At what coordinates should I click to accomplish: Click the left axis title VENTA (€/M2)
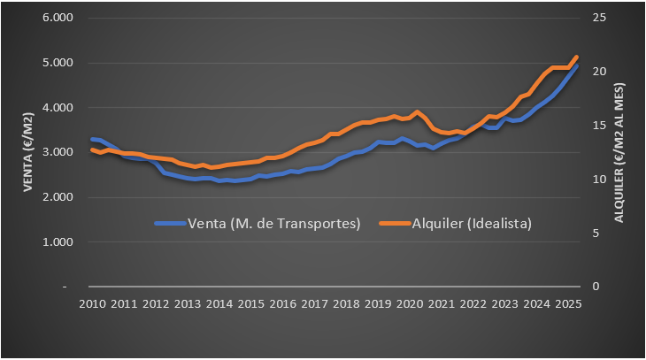click(x=28, y=153)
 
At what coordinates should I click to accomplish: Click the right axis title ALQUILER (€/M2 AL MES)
click(x=619, y=152)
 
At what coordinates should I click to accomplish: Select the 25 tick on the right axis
click(x=599, y=18)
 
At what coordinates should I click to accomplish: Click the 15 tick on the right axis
click(x=599, y=126)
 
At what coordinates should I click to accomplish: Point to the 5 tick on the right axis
click(x=596, y=233)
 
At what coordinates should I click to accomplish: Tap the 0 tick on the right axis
click(x=596, y=287)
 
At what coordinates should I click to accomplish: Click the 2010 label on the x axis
click(x=92, y=304)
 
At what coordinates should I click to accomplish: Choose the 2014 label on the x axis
click(x=219, y=304)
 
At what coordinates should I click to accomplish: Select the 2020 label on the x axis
click(x=409, y=304)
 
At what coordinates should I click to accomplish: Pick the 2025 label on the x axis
click(x=566, y=304)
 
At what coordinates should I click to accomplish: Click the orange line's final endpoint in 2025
click(x=577, y=57)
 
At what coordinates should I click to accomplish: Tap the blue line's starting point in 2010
click(x=92, y=139)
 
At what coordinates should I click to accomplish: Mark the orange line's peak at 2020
click(x=418, y=112)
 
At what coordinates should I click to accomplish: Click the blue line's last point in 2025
click(x=577, y=65)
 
